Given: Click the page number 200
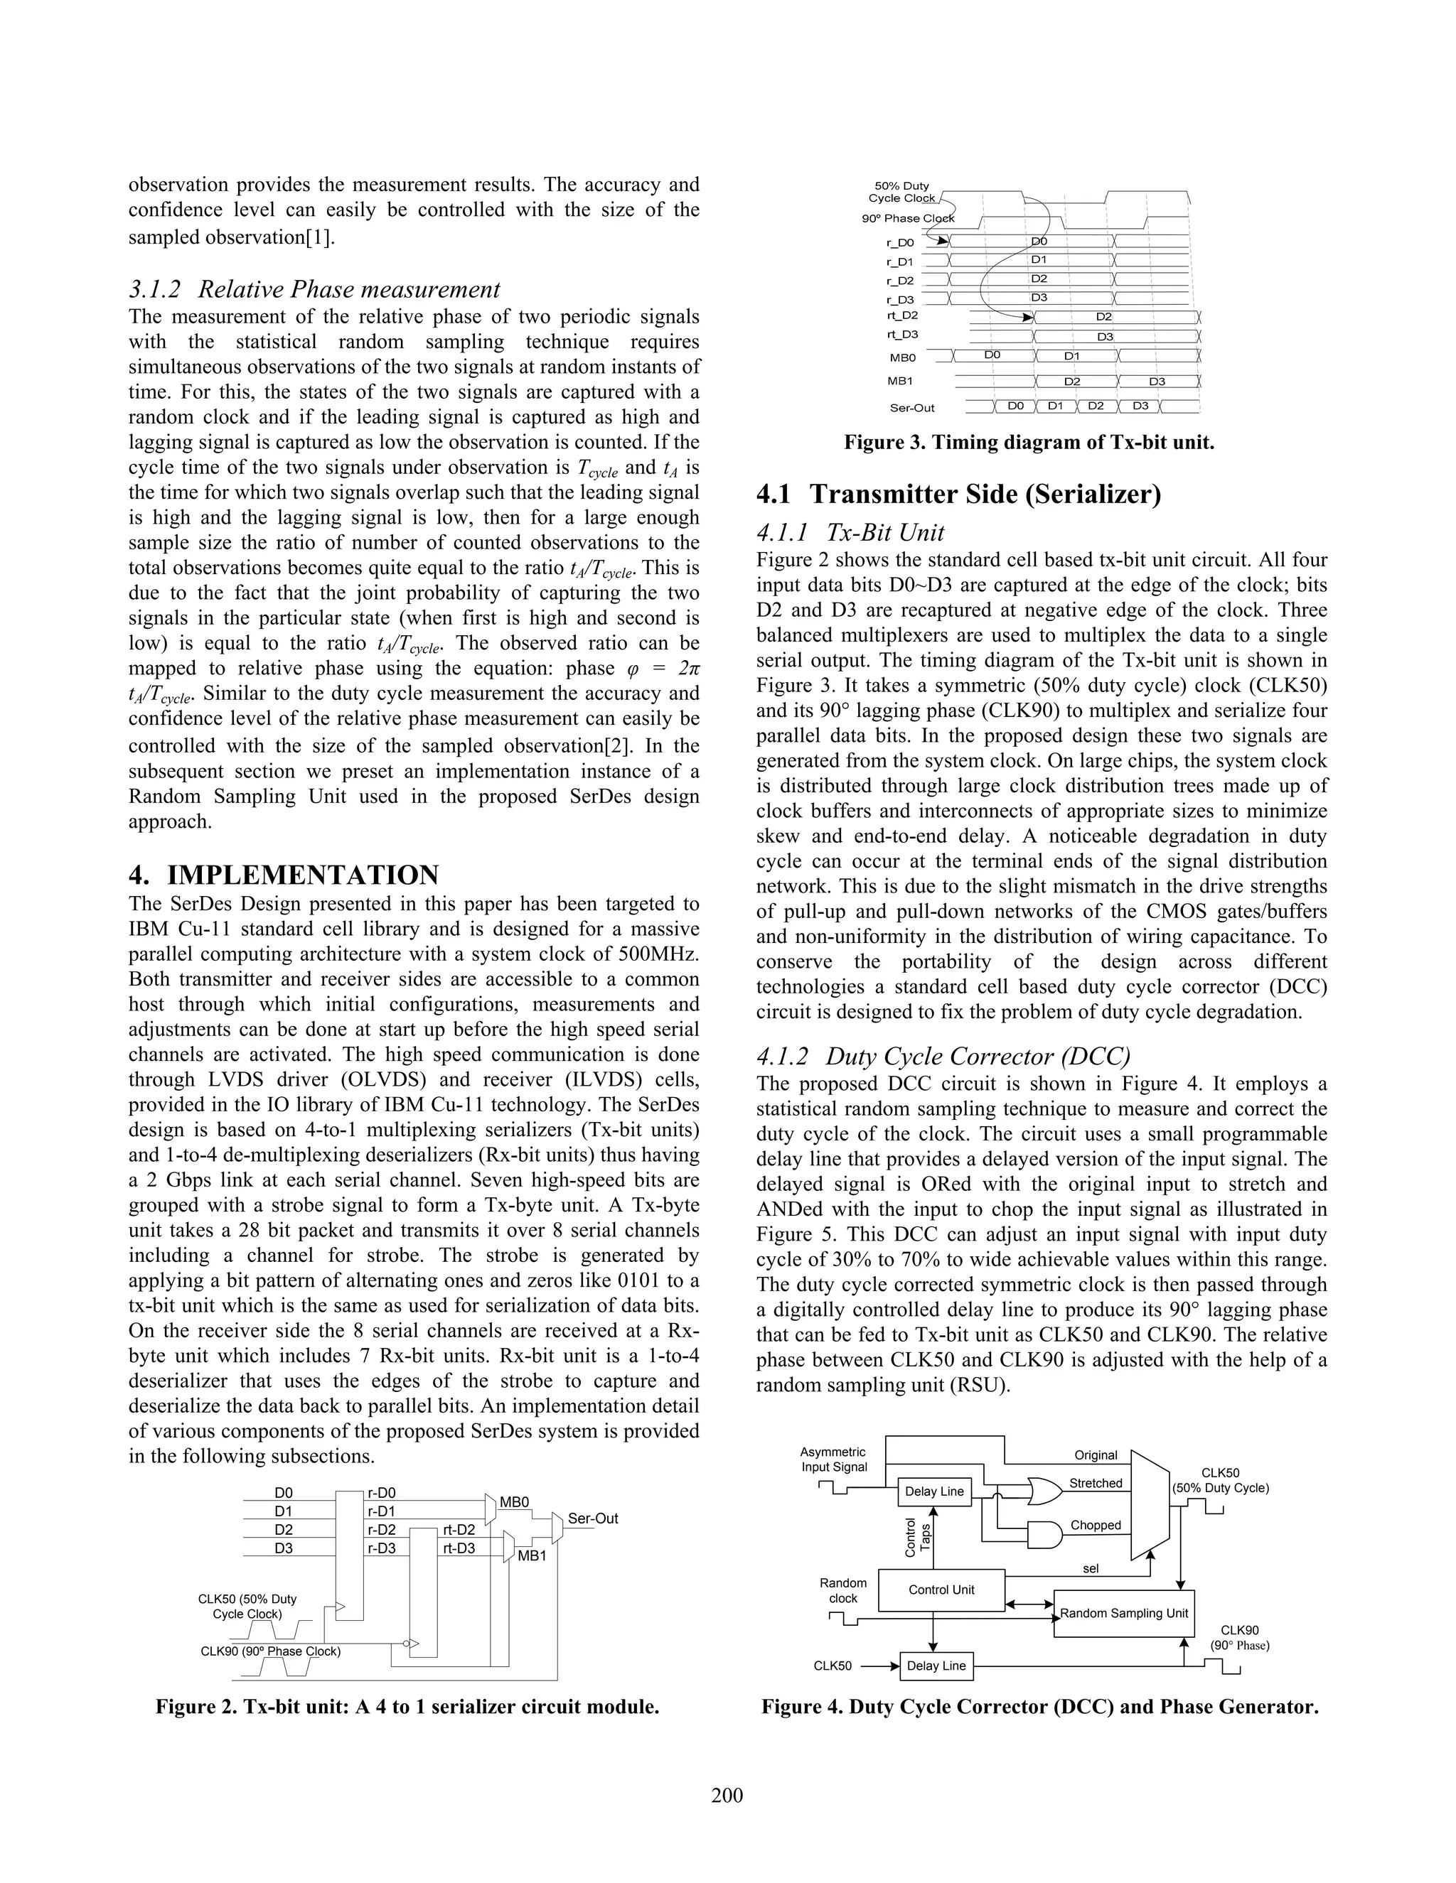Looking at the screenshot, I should [x=727, y=1796].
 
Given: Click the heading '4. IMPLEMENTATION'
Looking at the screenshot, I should [x=283, y=875].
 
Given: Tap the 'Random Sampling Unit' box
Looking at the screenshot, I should [x=1124, y=1614].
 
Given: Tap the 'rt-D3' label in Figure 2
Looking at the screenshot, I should [x=459, y=1548].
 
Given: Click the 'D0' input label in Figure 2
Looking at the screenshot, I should [x=284, y=1492].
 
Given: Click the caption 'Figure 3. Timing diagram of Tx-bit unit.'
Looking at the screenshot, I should [x=1029, y=443].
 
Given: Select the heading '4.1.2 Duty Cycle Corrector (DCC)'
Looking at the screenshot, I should [x=943, y=1056].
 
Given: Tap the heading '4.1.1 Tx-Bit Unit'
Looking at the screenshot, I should [x=850, y=532].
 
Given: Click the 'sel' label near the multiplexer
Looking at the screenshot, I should [x=1091, y=1568].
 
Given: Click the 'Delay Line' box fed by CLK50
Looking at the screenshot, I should [x=936, y=1666].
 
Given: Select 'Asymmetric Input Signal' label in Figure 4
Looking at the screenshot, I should [x=833, y=1460].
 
